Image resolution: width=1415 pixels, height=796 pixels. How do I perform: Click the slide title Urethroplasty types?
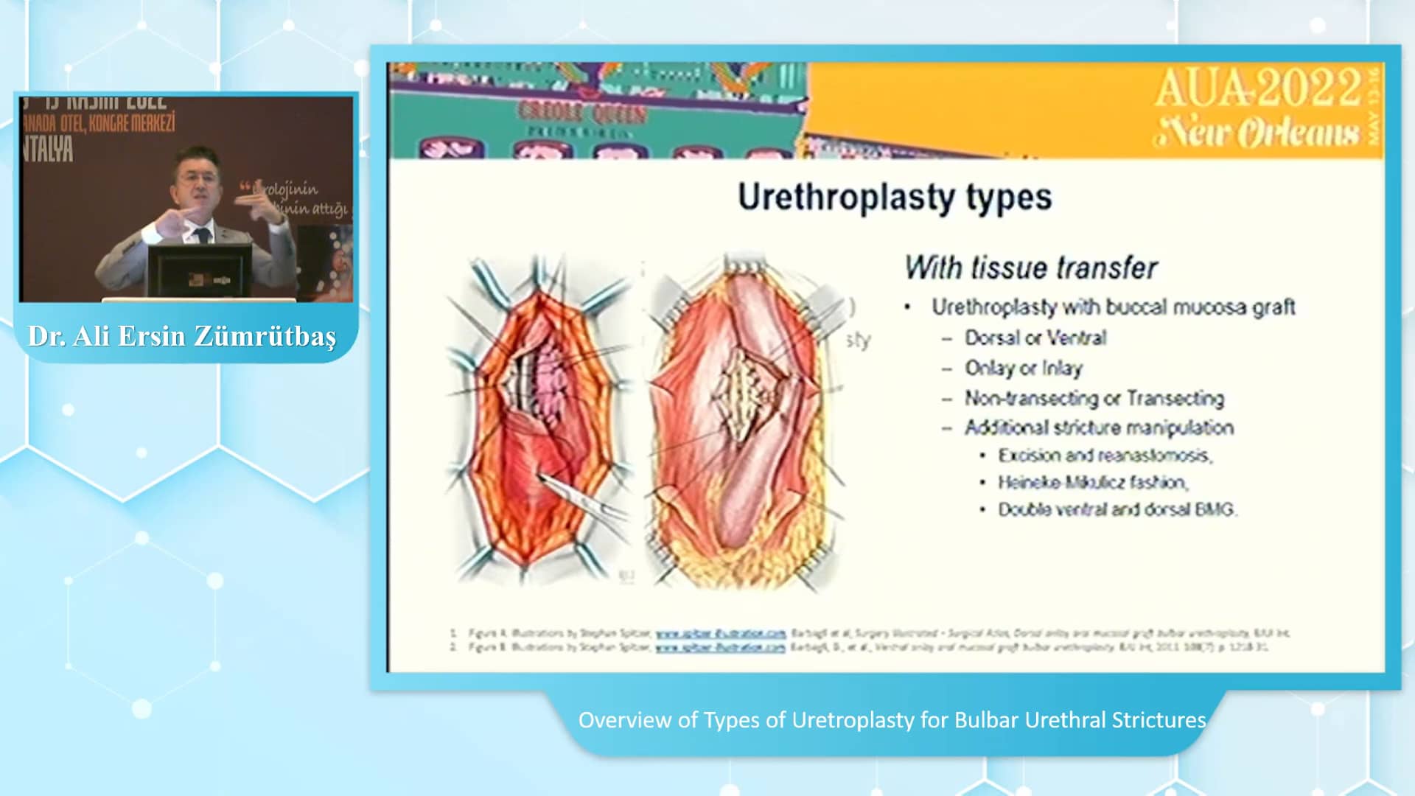point(894,198)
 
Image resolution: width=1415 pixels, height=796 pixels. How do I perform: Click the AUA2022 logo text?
point(1257,88)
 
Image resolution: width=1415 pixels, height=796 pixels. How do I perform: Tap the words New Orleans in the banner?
point(1256,133)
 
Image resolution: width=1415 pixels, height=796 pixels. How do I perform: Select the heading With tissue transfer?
point(1030,268)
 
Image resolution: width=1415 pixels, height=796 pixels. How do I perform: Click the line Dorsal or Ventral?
point(1035,338)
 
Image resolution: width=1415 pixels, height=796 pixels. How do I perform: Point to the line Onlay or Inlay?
point(1023,368)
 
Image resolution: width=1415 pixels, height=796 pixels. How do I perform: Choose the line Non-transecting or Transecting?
point(1094,398)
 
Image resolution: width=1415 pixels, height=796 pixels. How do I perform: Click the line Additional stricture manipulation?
point(1099,427)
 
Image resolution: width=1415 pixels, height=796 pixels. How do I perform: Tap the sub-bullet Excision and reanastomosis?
point(1105,455)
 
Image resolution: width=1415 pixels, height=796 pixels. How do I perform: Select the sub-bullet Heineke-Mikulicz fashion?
point(1092,483)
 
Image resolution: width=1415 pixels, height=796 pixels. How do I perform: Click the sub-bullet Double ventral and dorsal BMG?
point(1117,510)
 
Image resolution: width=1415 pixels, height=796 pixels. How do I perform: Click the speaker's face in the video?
point(197,181)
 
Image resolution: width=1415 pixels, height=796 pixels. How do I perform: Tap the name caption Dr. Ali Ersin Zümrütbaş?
point(182,336)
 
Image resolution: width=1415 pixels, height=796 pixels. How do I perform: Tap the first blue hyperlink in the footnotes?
point(720,633)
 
